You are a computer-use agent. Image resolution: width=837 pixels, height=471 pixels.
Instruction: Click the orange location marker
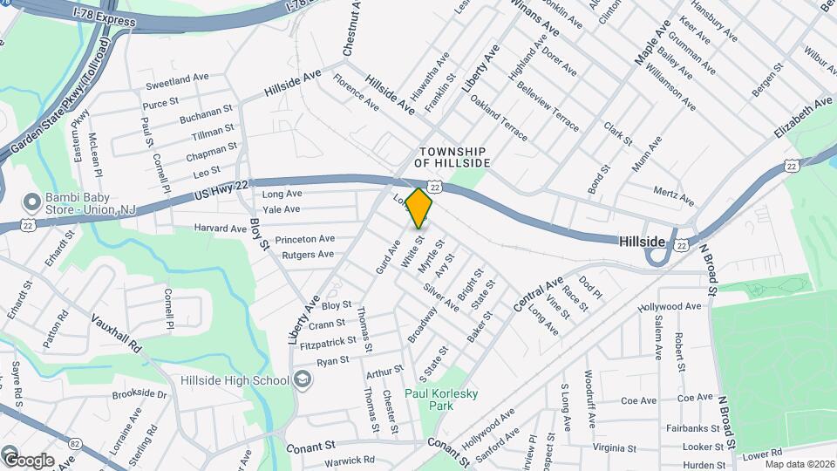(x=418, y=208)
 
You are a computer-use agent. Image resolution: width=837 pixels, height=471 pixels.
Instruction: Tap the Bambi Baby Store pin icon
(x=33, y=203)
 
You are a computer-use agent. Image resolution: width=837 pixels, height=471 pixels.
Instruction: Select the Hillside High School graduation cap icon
(x=302, y=379)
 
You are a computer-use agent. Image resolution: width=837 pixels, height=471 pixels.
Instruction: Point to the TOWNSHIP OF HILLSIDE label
(x=452, y=157)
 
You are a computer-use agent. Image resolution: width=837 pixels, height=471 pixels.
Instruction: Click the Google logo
(x=28, y=460)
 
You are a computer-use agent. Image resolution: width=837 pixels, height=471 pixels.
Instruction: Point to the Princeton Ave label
(x=305, y=239)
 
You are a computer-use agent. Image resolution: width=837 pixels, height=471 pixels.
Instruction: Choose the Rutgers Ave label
(x=308, y=255)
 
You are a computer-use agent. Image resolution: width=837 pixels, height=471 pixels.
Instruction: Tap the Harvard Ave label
(x=221, y=229)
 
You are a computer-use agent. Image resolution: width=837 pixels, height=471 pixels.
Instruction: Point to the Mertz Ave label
(x=674, y=195)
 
